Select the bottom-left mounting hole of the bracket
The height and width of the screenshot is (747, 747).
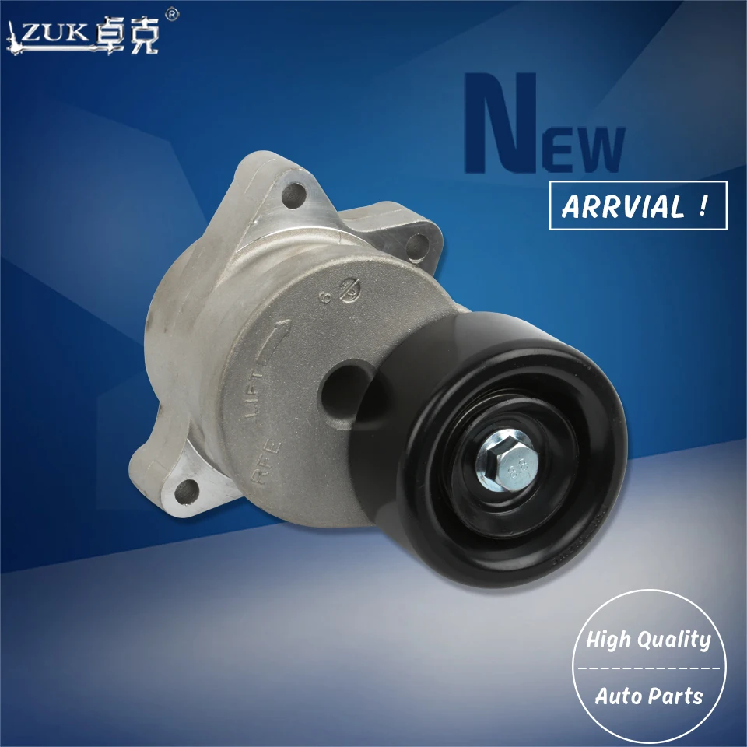[x=185, y=489]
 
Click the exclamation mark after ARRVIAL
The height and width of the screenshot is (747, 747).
[x=702, y=205]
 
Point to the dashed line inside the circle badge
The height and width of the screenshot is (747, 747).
[x=649, y=668]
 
